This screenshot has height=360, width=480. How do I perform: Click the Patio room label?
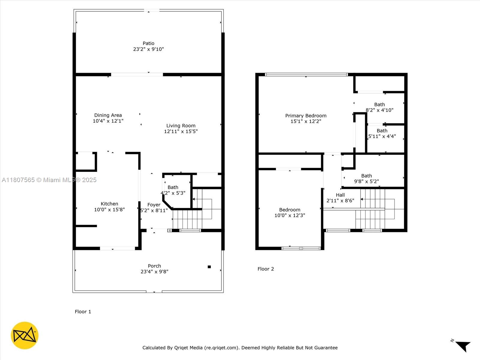coord(148,43)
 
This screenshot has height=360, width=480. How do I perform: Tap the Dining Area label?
coord(108,115)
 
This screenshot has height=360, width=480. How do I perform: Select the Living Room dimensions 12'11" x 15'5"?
coord(181,131)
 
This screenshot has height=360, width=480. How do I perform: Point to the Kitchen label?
coord(109,204)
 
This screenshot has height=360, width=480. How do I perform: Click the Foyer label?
coord(154,205)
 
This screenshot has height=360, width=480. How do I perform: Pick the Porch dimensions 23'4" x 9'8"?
coord(154,271)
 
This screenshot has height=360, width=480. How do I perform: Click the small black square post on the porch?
coord(209,267)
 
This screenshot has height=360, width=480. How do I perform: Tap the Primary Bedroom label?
coord(306,115)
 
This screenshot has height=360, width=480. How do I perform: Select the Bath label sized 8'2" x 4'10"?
coord(379,104)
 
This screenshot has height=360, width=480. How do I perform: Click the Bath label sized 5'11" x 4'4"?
coord(382,131)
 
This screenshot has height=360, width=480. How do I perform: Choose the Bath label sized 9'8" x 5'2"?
coord(367,176)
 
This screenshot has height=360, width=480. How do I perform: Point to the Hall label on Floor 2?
coord(340,195)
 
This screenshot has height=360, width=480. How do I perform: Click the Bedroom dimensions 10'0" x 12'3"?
coord(290,215)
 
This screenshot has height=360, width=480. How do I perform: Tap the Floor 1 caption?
coord(83,312)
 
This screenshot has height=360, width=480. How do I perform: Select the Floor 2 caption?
coord(266,269)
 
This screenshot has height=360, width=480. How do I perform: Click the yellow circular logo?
coord(25,335)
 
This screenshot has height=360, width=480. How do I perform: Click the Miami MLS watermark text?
coord(49,180)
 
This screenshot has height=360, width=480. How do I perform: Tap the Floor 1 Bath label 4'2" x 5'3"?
coord(173,187)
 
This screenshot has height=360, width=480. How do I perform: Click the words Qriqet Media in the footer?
coord(188,347)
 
